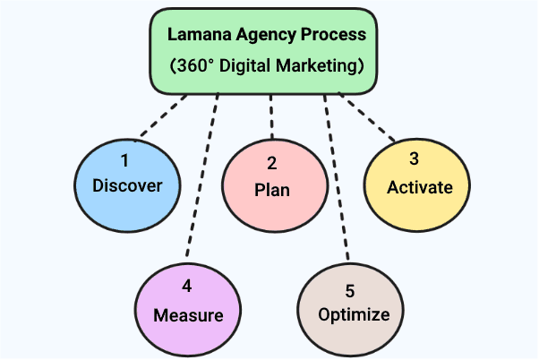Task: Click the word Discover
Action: (128, 186)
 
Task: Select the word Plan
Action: (271, 190)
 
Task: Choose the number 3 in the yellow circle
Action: (414, 159)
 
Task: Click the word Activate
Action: (414, 187)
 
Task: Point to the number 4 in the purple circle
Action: (187, 287)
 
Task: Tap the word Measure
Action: (187, 315)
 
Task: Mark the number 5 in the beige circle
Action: (349, 291)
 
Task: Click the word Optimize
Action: (355, 314)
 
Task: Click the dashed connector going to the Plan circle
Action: (269, 116)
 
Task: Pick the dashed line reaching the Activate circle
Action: (368, 118)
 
